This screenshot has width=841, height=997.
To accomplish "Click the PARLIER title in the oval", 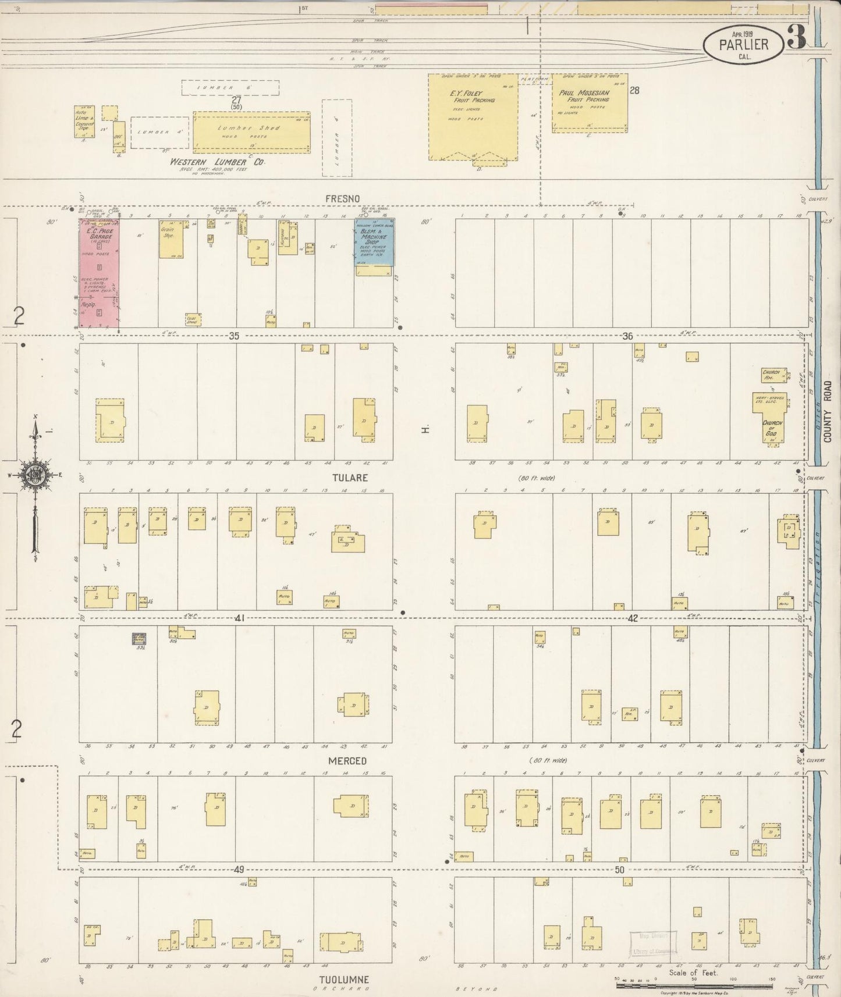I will click(x=744, y=44).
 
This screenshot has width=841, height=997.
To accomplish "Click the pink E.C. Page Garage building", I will click(x=100, y=273).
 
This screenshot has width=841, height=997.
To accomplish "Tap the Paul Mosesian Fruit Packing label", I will click(x=584, y=96).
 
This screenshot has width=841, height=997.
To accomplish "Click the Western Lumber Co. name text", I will click(x=217, y=162).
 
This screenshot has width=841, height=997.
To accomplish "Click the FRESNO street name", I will click(x=342, y=199).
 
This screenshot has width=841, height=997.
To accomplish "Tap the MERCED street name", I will click(x=347, y=761).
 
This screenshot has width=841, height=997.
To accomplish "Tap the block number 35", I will click(x=234, y=336).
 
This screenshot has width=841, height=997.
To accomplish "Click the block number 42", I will click(x=633, y=618).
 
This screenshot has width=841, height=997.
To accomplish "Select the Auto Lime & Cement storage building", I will click(x=84, y=122).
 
